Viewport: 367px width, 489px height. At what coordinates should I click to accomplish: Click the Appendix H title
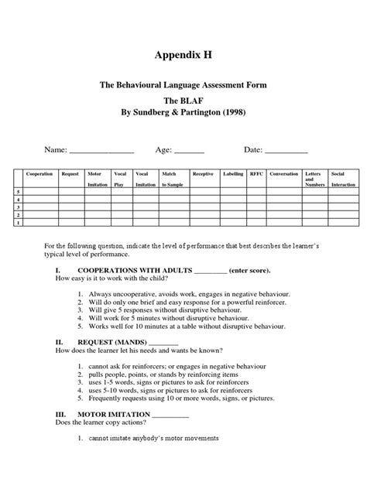click(x=183, y=56)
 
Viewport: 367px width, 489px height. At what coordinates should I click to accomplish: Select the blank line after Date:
click(x=286, y=151)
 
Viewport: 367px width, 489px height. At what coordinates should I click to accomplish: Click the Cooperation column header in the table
click(x=39, y=174)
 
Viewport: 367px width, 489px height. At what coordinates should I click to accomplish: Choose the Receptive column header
click(x=203, y=174)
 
